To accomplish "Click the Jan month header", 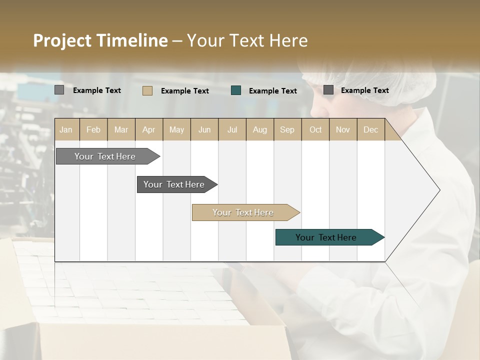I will click(x=66, y=129).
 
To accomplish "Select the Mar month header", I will click(x=121, y=129).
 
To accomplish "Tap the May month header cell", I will click(x=176, y=129).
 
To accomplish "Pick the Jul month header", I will click(x=232, y=129).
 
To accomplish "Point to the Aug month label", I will click(x=259, y=129).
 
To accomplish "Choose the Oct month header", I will click(x=315, y=129).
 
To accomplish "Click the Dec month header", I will click(x=370, y=129).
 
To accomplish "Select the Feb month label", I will click(x=93, y=129).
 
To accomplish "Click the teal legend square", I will click(x=236, y=90).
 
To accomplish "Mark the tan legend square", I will click(x=147, y=90).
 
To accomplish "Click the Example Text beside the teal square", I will click(x=272, y=91).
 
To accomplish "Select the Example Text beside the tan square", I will click(x=184, y=91).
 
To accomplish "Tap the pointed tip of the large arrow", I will click(x=438, y=190).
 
